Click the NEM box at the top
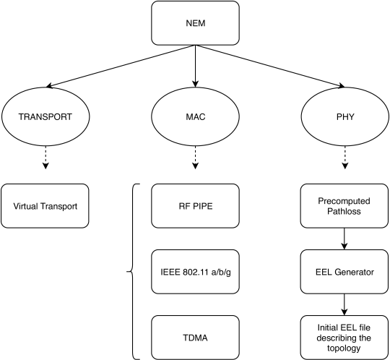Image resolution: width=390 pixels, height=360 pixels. click(x=195, y=23)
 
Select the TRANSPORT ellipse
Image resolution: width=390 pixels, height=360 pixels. click(x=45, y=116)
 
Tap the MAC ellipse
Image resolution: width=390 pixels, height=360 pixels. click(x=195, y=116)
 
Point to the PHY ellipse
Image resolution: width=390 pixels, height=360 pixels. click(x=344, y=116)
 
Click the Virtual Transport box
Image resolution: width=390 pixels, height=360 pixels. click(x=45, y=206)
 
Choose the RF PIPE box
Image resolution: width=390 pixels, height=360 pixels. click(x=195, y=206)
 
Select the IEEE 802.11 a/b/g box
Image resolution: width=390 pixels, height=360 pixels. click(x=195, y=272)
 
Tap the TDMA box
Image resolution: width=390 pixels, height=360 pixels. click(x=195, y=338)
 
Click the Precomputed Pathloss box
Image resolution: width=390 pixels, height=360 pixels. click(x=344, y=206)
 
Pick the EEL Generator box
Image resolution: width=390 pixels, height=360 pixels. click(x=344, y=272)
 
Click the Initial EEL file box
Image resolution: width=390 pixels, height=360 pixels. click(x=344, y=338)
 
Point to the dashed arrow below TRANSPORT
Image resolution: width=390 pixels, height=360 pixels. click(x=45, y=158)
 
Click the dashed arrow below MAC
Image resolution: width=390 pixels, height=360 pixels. click(x=195, y=158)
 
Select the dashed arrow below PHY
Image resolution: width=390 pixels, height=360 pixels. click(x=344, y=158)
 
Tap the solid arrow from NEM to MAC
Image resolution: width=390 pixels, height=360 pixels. click(x=195, y=67)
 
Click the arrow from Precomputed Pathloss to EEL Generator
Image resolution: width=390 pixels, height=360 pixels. click(x=344, y=239)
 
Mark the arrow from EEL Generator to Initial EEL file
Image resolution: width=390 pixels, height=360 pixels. click(x=344, y=305)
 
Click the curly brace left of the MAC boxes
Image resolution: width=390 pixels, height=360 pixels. click(x=131, y=272)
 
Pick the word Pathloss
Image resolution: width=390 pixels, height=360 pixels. click(x=344, y=211)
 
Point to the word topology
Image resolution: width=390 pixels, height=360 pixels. click(x=344, y=348)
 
